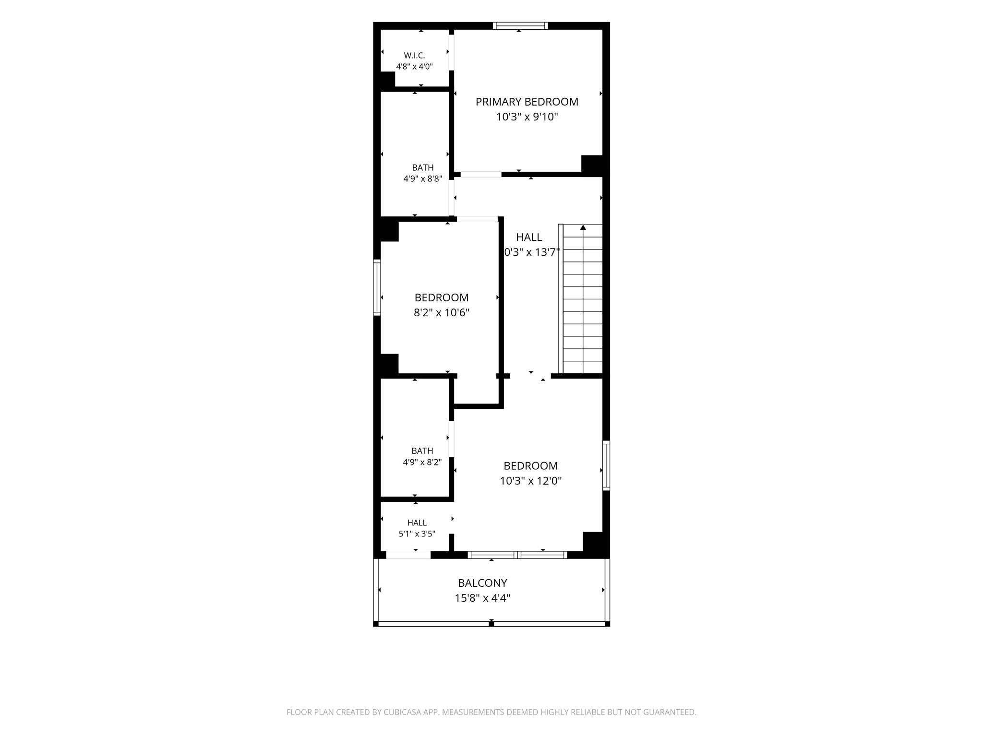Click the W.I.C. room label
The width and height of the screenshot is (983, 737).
pyautogui.click(x=414, y=56)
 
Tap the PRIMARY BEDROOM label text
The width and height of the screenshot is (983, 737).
pyautogui.click(x=527, y=102)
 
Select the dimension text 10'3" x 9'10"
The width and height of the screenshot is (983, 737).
pyautogui.click(x=527, y=117)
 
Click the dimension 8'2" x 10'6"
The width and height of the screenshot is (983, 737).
pyautogui.click(x=442, y=313)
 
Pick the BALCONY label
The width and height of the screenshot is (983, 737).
pyautogui.click(x=482, y=583)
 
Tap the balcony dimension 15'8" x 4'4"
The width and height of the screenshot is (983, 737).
pyautogui.click(x=482, y=598)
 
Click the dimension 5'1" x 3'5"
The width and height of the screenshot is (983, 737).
pyautogui.click(x=417, y=534)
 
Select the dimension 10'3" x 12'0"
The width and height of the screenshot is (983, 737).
pyautogui.click(x=530, y=481)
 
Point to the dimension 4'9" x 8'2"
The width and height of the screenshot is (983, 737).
pyautogui.click(x=422, y=462)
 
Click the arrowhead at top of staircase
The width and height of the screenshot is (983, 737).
pyautogui.click(x=583, y=227)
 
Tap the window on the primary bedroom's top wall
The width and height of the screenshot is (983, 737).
pyautogui.click(x=520, y=26)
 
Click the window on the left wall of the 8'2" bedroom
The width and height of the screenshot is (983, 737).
pyautogui.click(x=377, y=287)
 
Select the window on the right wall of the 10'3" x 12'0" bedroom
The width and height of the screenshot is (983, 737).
pyautogui.click(x=606, y=465)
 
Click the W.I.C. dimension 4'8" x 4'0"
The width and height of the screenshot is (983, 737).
pyautogui.click(x=414, y=67)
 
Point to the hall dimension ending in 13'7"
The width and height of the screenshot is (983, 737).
pyautogui.click(x=532, y=252)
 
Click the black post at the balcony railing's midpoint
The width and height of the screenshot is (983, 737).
pyautogui.click(x=491, y=623)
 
